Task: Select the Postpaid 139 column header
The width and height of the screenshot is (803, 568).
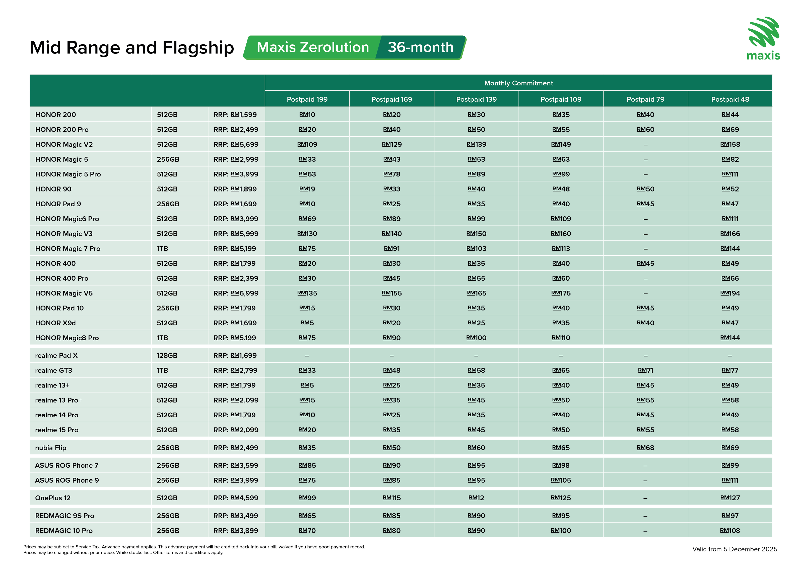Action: coord(476,99)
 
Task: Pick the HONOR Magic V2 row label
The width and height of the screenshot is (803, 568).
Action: coord(64,145)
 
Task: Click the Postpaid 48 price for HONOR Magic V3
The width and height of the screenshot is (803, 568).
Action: coord(730,234)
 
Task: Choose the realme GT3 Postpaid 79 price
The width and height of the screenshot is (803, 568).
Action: coord(645,370)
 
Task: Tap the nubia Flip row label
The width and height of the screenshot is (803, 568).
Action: coord(51,448)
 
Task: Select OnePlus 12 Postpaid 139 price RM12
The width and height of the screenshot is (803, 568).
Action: coord(476,498)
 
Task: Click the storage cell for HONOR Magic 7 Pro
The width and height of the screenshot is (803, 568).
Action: coord(162,249)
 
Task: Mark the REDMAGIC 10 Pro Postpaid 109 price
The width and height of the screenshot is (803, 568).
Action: coord(561,531)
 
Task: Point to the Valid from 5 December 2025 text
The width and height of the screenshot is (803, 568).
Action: coord(734,549)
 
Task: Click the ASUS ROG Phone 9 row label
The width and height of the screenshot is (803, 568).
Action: coord(67,480)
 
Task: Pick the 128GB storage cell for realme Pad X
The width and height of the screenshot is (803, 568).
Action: coord(167,356)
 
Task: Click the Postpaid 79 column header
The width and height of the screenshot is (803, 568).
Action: coord(645,99)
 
